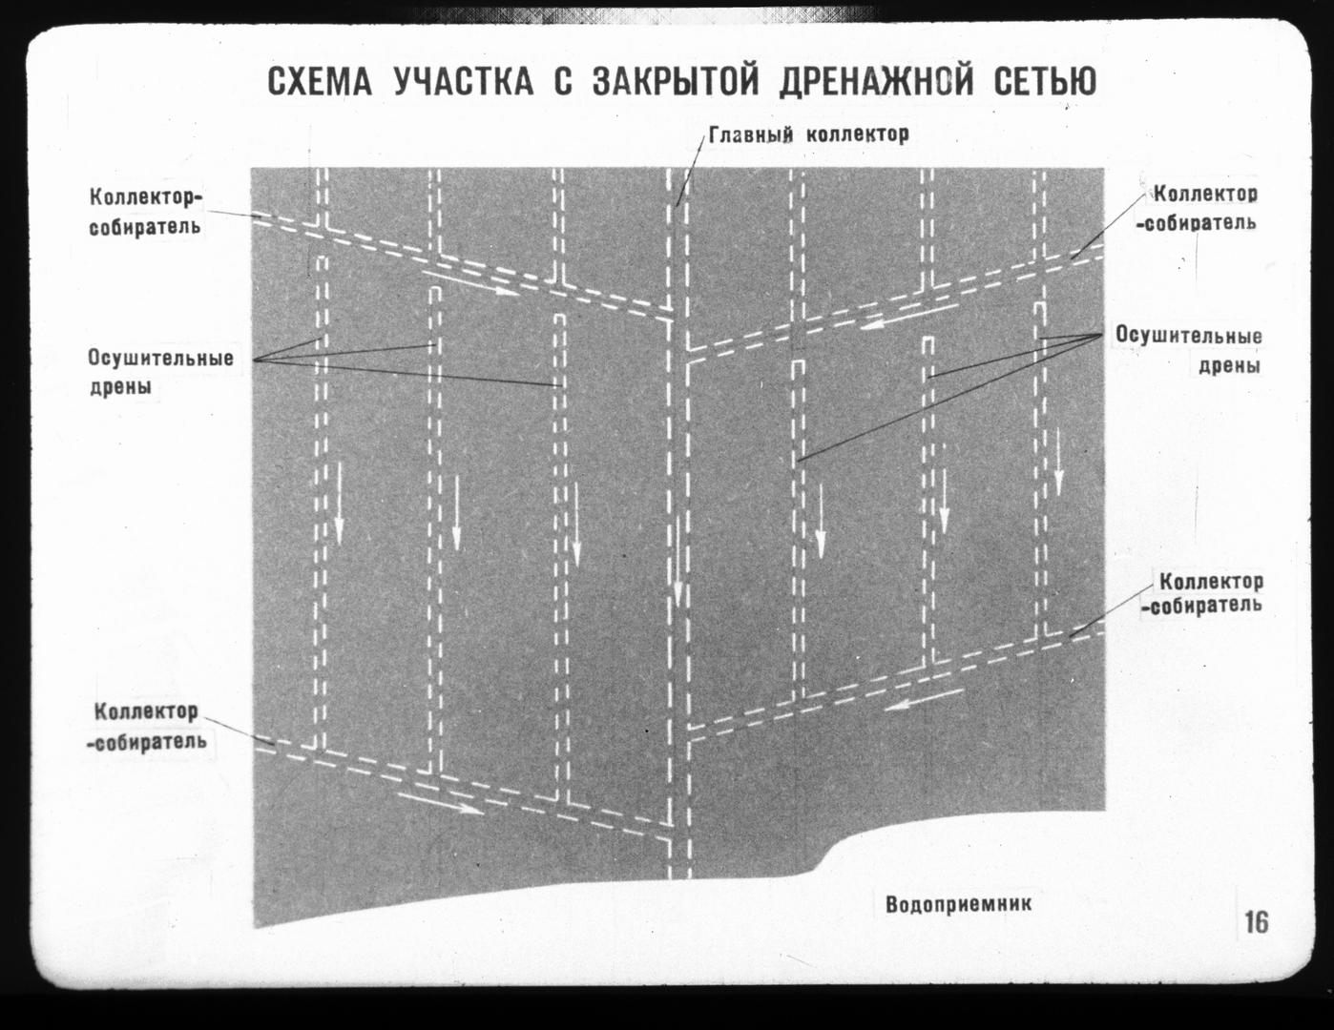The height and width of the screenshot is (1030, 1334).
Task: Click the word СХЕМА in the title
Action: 320,82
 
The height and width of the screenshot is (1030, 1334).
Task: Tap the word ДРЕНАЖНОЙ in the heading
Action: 877,82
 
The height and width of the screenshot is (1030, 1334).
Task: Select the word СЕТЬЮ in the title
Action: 1045,82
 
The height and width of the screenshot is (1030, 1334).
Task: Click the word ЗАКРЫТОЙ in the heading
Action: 676,82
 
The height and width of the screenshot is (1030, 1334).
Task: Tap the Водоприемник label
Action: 958,905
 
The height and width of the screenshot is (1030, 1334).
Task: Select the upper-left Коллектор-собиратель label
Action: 145,213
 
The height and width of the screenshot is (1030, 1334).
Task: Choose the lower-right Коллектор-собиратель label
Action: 1202,593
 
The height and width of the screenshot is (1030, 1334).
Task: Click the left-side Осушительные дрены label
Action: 161,372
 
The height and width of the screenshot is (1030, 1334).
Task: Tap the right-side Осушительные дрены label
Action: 1189,350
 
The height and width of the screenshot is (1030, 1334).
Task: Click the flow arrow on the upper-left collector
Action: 477,282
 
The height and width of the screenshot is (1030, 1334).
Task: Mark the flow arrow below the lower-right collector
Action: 924,699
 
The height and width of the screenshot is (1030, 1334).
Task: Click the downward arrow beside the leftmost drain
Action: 339,503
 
